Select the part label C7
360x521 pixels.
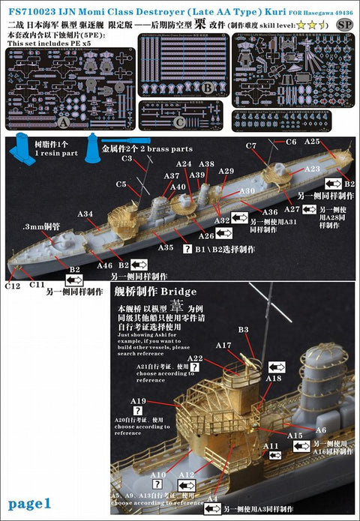[271, 145]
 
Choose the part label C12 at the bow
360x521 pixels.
[12, 286]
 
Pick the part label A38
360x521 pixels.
[207, 163]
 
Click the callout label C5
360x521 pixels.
[121, 184]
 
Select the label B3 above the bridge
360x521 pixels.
[242, 330]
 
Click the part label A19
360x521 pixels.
[138, 403]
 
